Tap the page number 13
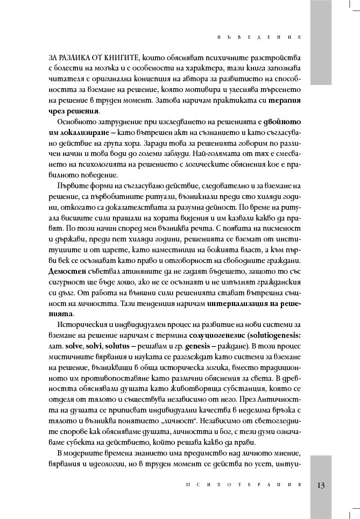tap(321, 485)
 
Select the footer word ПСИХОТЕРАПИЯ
tap(241, 485)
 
